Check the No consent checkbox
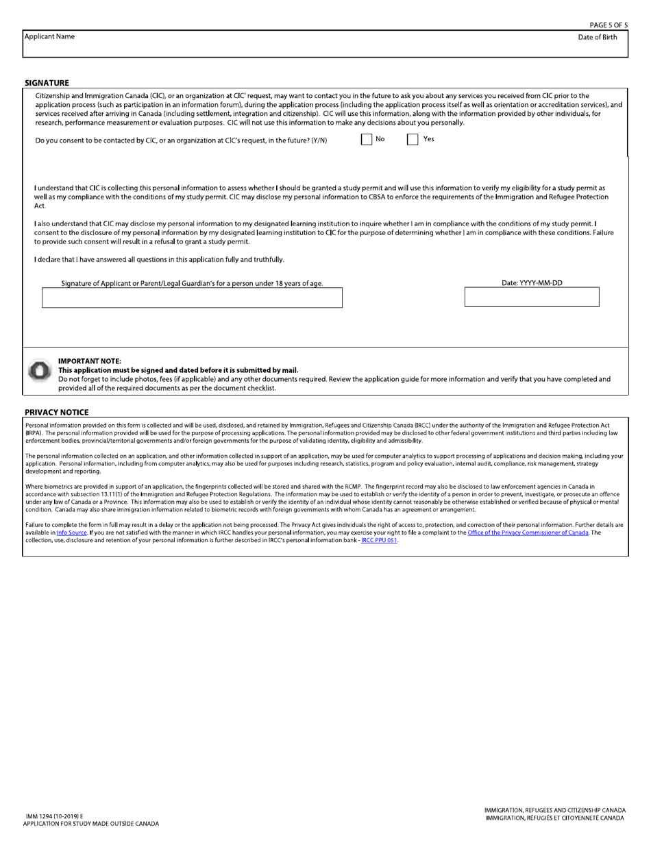click(x=367, y=139)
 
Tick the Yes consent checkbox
click(x=413, y=139)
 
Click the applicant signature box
click(x=192, y=297)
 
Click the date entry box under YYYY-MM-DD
click(x=532, y=297)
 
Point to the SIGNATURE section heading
click(x=47, y=83)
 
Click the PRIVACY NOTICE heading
click(x=56, y=413)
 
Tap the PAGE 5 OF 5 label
click(x=608, y=25)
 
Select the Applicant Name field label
click(x=49, y=36)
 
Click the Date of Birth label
click(x=597, y=37)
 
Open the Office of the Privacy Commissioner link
click(x=528, y=533)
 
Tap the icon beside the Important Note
click(x=39, y=371)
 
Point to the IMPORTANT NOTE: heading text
click(x=90, y=361)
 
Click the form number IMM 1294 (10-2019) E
click(x=54, y=816)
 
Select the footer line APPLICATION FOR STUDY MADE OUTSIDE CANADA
click(x=90, y=824)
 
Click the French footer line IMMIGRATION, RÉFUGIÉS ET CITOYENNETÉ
click(x=554, y=818)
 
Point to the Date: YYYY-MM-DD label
click(x=532, y=282)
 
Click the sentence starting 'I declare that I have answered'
click(x=159, y=260)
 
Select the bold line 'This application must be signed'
click(x=178, y=370)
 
